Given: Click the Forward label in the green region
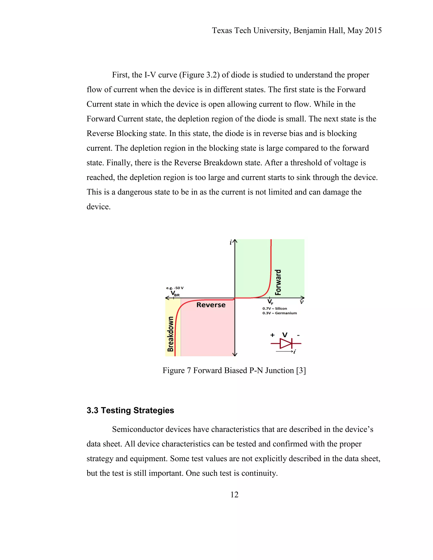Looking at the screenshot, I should point(278,282).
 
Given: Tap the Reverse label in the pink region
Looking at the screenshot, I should point(211,305).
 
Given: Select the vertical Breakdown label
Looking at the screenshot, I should point(170,334).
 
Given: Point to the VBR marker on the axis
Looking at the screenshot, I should point(175,294).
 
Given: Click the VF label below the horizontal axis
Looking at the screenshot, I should point(270,302).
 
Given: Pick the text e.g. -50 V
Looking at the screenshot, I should point(175,288).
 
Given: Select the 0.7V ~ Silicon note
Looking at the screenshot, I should point(274,309).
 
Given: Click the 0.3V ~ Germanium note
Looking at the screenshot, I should point(279,313).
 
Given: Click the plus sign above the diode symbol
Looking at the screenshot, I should point(272,335).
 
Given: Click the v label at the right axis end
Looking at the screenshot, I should point(302,302).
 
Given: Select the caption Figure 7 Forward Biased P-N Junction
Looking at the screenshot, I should point(234,370).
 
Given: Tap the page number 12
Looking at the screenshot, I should point(234,494).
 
